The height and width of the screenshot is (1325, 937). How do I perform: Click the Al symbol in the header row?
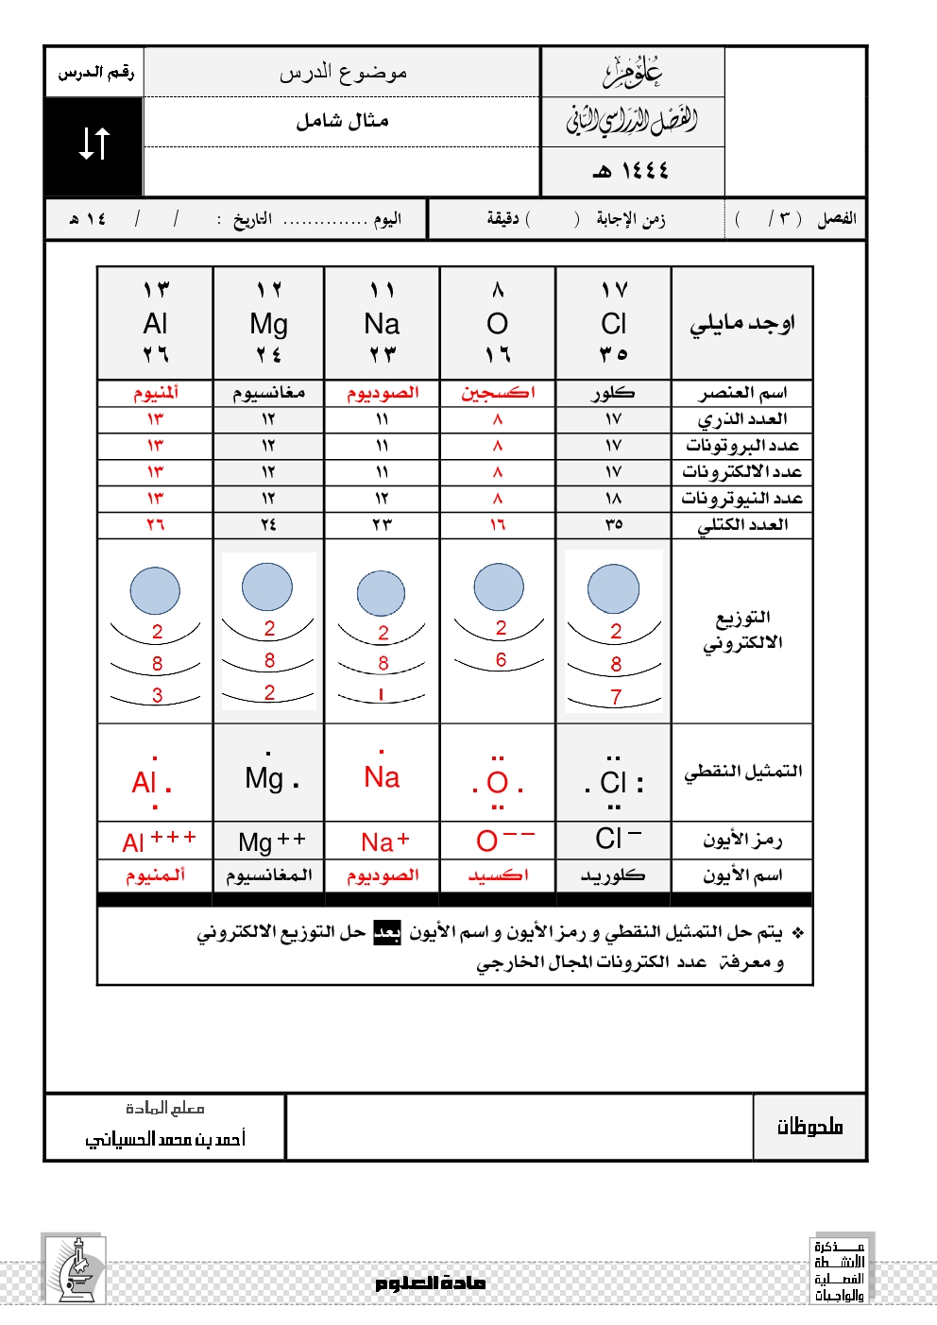156,324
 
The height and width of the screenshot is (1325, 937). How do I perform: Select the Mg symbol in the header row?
268,324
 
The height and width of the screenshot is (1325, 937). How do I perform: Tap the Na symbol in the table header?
382,324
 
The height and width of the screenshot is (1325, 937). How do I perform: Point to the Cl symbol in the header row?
614,324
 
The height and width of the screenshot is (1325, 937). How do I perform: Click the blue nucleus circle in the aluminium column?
155,591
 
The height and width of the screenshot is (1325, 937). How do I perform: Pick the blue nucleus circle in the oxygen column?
499,586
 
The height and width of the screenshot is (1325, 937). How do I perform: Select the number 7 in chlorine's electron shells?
616,697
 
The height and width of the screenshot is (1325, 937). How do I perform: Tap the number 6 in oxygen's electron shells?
501,659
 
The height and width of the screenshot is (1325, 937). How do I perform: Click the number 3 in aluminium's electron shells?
157,695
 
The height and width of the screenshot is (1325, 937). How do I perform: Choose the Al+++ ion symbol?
158,841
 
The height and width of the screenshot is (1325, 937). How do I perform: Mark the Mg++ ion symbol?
271,841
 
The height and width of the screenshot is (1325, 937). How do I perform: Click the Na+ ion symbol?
384,841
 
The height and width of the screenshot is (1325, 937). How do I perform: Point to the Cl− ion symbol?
618,838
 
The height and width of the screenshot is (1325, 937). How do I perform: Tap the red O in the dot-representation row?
498,783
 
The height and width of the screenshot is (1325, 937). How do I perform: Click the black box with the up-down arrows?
94,144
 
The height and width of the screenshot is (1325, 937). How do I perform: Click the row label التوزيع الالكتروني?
742,630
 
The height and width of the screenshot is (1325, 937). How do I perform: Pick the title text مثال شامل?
342,121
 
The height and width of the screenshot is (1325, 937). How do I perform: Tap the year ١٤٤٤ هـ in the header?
631,171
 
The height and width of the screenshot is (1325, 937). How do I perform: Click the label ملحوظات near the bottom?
809,1126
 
